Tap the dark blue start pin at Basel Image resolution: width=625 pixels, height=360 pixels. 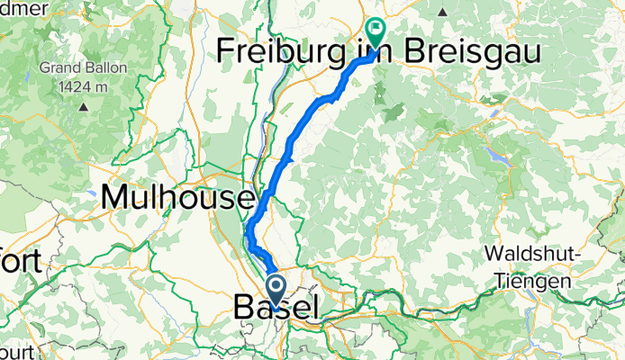[274, 291]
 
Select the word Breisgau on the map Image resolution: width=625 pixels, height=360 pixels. [475, 53]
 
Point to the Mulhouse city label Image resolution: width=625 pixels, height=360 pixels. [177, 195]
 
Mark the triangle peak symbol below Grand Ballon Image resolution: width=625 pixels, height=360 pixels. [83, 106]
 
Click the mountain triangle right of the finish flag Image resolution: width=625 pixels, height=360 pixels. [444, 13]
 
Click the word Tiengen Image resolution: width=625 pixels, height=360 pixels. [533, 281]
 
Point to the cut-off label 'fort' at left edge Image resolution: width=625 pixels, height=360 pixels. [13, 262]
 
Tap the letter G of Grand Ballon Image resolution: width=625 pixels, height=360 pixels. [44, 68]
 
